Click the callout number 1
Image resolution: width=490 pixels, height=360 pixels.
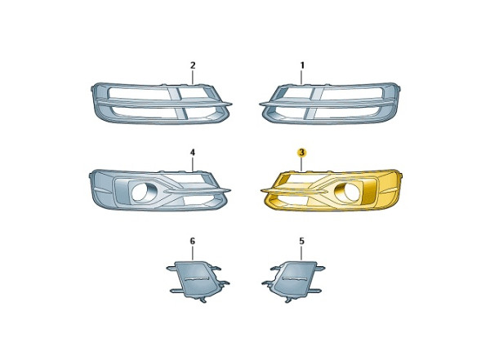click(302, 65)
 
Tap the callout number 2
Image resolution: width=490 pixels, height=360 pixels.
click(193, 65)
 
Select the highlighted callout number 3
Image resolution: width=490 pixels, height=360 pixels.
click(301, 153)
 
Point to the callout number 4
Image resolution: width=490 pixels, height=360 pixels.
click(193, 153)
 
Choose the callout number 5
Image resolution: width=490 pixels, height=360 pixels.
click(301, 242)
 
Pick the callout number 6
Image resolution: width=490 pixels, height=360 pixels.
click(193, 242)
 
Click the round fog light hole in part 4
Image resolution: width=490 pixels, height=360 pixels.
click(141, 192)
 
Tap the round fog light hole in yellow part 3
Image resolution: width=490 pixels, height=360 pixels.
click(345, 192)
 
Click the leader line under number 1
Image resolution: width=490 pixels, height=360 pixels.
click(302, 78)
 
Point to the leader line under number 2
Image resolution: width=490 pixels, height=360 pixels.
click(193, 78)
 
